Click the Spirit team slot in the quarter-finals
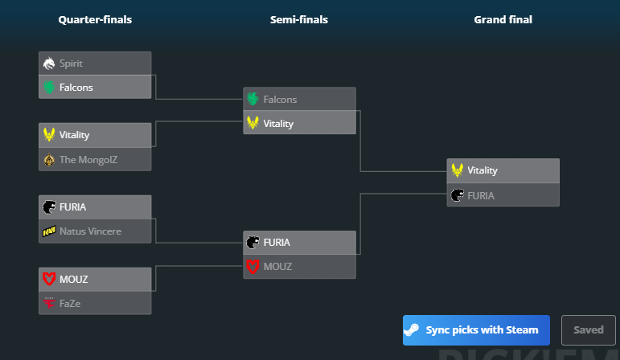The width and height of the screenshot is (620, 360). (95, 63)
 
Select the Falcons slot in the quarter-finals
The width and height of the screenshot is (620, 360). (95, 87)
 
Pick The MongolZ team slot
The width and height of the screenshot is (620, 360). (95, 159)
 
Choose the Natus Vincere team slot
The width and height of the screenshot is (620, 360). (95, 231)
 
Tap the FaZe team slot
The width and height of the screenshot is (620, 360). (95, 304)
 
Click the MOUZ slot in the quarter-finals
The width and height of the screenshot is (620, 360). (95, 280)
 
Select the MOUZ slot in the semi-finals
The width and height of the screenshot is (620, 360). (299, 267)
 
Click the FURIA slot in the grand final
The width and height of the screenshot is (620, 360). (503, 194)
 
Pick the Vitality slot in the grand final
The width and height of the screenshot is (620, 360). (503, 170)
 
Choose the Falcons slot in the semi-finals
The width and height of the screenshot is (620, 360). (299, 100)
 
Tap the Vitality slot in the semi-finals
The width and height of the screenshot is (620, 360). (299, 124)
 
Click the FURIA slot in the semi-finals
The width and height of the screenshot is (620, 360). (299, 243)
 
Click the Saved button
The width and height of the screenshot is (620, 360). (589, 330)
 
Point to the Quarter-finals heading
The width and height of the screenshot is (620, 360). (95, 20)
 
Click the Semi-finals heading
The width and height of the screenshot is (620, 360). (299, 20)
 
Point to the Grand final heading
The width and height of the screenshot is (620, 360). (503, 20)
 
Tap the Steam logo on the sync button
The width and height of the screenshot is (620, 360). (412, 330)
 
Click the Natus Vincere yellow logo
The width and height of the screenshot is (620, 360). (49, 231)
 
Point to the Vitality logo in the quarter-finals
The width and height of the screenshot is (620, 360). (49, 135)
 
